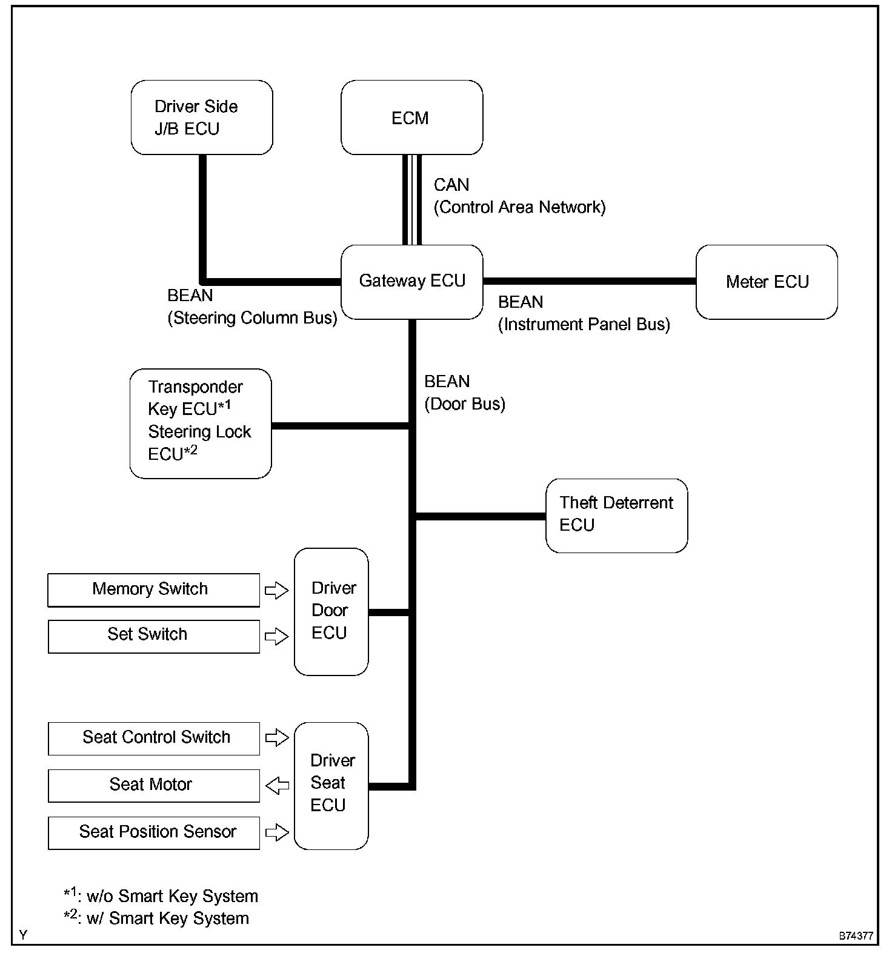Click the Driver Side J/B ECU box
[x=202, y=118]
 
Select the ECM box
[x=411, y=118]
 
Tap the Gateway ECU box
[x=412, y=282]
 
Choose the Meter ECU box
[x=767, y=282]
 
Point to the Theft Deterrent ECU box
[x=616, y=516]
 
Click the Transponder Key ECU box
[x=201, y=423]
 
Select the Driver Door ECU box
[x=331, y=611]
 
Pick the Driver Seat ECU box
[x=331, y=785]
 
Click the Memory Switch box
[x=153, y=589]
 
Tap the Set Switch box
[x=153, y=636]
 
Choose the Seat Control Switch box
[x=153, y=738]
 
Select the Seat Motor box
[x=153, y=785]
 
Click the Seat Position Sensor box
[x=153, y=832]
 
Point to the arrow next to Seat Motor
[x=277, y=786]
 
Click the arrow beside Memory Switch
[x=277, y=590]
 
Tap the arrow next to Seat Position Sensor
[x=277, y=832]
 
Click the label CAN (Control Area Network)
[x=519, y=196]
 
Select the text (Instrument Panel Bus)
[x=584, y=325]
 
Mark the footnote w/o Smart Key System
[x=161, y=895]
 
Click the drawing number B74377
[x=856, y=936]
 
